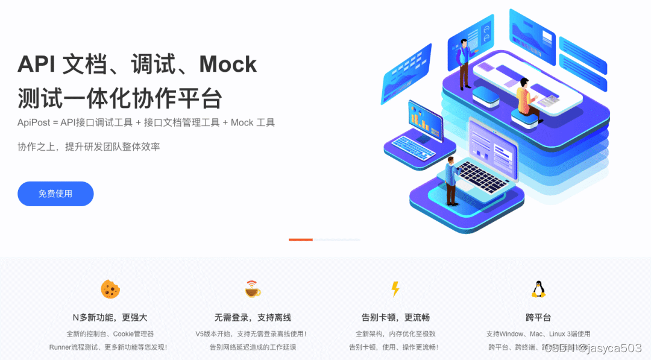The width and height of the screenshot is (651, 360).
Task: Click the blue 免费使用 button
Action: pyautogui.click(x=55, y=194)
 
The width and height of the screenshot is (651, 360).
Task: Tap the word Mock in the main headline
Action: pyautogui.click(x=228, y=64)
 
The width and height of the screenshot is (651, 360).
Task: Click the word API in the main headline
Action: pyautogui.click(x=36, y=64)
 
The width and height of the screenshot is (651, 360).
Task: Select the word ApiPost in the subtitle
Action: pyautogui.click(x=34, y=122)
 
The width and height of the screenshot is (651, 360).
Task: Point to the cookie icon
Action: pyautogui.click(x=110, y=289)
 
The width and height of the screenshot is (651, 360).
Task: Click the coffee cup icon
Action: pyautogui.click(x=253, y=289)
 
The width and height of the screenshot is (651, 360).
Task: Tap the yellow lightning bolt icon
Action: pyautogui.click(x=395, y=289)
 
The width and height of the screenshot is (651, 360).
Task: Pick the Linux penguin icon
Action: pyautogui.click(x=538, y=289)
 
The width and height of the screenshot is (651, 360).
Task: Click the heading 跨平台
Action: pyautogui.click(x=538, y=317)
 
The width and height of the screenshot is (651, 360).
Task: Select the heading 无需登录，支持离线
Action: pyautogui.click(x=253, y=317)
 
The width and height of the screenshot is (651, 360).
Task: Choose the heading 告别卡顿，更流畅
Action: pyautogui.click(x=395, y=317)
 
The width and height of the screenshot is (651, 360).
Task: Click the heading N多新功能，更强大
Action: pyautogui.click(x=110, y=317)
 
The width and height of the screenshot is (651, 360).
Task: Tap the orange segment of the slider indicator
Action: pyautogui.click(x=300, y=239)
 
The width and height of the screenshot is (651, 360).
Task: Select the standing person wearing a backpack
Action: pyautogui.click(x=464, y=63)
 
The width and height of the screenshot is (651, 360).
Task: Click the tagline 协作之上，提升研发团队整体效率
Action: pyautogui.click(x=89, y=147)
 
